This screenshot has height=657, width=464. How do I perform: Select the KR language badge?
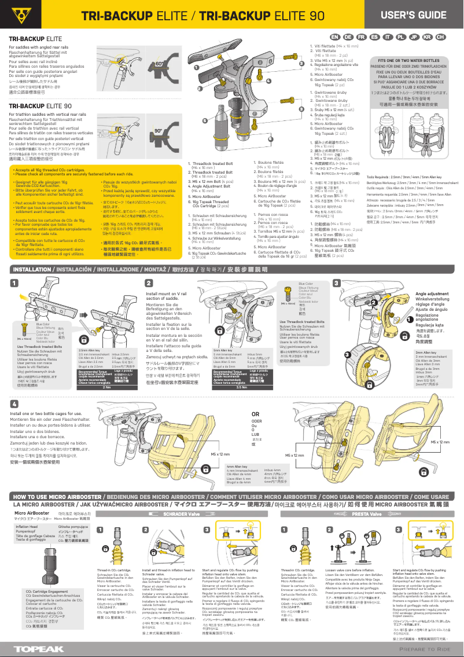[428, 37]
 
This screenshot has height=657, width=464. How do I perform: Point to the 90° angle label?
[158, 131]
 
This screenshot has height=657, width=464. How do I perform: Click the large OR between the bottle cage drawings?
[255, 414]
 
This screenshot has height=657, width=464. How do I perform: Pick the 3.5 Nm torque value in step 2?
[242, 387]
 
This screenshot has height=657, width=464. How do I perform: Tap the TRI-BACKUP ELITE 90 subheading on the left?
[40, 107]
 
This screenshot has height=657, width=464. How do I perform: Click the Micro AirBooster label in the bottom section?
[32, 513]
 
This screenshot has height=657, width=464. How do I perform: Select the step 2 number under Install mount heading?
[149, 283]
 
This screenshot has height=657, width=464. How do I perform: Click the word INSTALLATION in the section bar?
[35, 270]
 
